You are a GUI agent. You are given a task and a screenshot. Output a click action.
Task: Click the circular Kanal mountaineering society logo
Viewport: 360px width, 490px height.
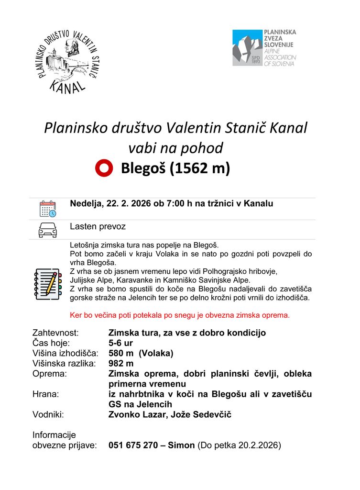[67, 61]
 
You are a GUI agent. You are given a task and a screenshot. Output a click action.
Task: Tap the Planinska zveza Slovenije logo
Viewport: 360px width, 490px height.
[264, 48]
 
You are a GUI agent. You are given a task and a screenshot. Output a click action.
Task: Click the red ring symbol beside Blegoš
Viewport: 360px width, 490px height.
[104, 168]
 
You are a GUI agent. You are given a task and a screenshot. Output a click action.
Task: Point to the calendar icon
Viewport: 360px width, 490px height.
[48, 209]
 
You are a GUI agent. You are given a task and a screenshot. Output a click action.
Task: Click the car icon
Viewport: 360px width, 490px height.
[48, 230]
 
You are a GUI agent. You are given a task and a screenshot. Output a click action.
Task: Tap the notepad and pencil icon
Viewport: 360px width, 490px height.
[48, 284]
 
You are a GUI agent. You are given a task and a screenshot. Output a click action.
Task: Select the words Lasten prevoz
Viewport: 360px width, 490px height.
[98, 226]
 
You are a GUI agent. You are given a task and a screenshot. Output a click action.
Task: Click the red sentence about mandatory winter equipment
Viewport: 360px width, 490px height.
[180, 315]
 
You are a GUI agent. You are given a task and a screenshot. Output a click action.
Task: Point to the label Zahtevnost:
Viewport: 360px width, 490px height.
[55, 333]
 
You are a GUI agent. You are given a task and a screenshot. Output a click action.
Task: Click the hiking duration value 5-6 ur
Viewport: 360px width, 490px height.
[120, 343]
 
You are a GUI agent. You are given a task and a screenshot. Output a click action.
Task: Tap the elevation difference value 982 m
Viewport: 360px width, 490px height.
[121, 363]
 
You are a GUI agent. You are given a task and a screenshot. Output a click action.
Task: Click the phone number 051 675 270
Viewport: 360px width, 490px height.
[133, 445]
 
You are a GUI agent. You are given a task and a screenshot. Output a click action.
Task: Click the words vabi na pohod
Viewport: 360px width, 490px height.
[175, 148]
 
